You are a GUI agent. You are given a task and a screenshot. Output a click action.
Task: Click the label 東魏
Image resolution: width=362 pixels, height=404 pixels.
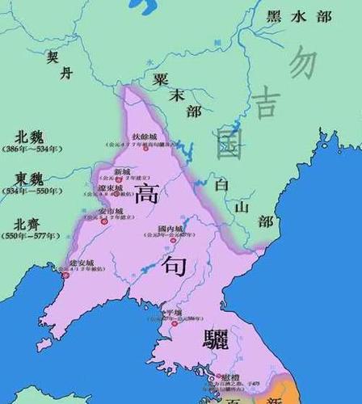click(30, 179)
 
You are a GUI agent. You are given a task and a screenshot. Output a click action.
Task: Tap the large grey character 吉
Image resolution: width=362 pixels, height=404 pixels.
click(263, 103)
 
